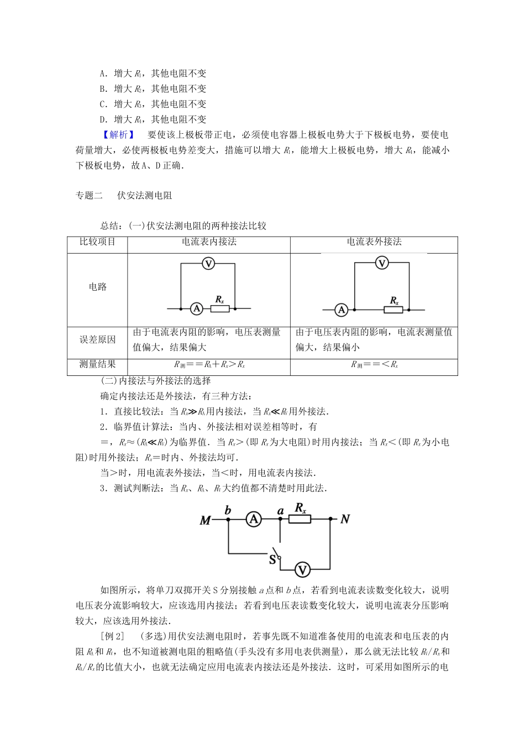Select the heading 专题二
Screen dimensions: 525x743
coord(89,195)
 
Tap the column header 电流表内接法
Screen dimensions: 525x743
coord(209,242)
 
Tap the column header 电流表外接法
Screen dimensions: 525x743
coord(374,242)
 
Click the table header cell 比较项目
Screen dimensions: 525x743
coord(97,242)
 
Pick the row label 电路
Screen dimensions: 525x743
coord(97,286)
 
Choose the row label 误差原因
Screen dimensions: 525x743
coord(97,339)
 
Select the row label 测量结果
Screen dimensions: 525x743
coord(97,364)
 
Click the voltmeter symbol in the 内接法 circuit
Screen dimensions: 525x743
coord(208,264)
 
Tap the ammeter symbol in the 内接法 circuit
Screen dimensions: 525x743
coord(195,308)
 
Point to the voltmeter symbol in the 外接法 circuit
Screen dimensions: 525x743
coord(382,263)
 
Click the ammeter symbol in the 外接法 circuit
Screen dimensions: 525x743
coord(342,310)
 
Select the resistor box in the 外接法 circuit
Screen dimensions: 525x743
coord(394,310)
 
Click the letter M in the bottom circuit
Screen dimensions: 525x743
coord(205,520)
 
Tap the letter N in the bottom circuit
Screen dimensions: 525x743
coord(345,519)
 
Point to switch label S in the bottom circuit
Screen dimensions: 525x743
coord(272,559)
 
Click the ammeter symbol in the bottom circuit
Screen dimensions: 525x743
coord(254,519)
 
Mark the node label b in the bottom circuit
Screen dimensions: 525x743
coord(228,510)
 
